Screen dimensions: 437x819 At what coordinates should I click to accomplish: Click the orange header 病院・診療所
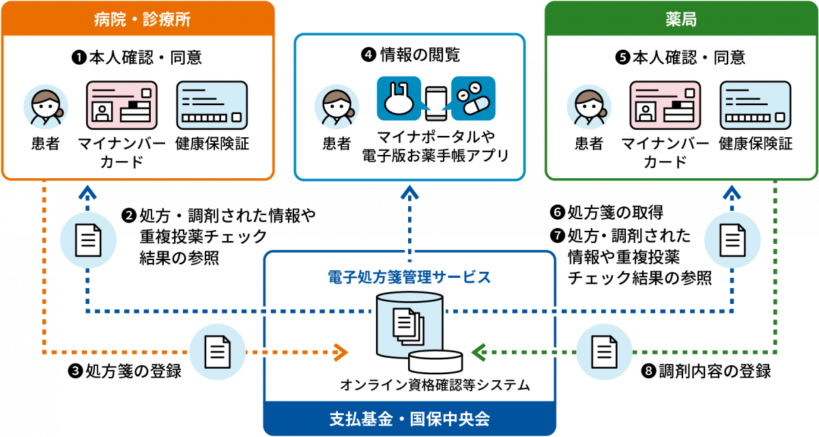tap(137, 18)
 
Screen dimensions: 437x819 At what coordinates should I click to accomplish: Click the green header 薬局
tap(680, 18)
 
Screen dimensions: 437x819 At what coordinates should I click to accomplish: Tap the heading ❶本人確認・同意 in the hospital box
tap(137, 57)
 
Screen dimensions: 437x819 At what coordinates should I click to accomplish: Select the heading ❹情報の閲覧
tap(409, 55)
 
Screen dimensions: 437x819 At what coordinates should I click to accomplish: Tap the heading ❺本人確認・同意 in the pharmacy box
tap(680, 57)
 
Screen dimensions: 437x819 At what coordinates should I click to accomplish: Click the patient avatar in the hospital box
tap(45, 107)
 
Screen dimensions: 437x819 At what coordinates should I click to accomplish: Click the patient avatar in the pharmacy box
tap(588, 107)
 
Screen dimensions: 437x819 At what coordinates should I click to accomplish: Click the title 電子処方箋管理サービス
tap(409, 277)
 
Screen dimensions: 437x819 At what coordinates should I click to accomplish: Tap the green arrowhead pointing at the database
tap(478, 353)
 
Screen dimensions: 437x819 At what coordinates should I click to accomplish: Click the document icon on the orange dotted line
tap(217, 352)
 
